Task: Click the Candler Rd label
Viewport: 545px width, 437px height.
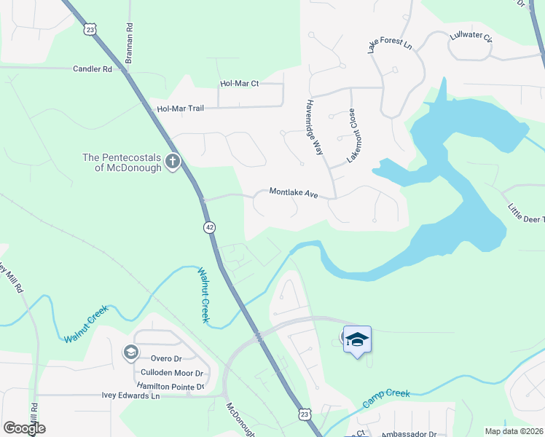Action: click(x=92, y=69)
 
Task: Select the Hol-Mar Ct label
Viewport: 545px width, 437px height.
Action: click(x=239, y=84)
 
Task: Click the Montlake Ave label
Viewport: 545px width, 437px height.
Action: click(x=294, y=192)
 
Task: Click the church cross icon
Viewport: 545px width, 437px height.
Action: click(x=173, y=161)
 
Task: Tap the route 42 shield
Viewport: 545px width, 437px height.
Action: click(x=210, y=227)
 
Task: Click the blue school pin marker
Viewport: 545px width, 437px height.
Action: click(x=357, y=339)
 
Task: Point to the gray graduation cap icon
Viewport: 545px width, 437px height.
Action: click(x=130, y=353)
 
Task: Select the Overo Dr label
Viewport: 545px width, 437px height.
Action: click(x=166, y=358)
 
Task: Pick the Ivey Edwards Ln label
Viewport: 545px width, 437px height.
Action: click(x=130, y=395)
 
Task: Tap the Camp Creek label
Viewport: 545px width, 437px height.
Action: click(x=386, y=398)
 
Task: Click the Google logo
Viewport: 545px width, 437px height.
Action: click(x=24, y=428)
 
